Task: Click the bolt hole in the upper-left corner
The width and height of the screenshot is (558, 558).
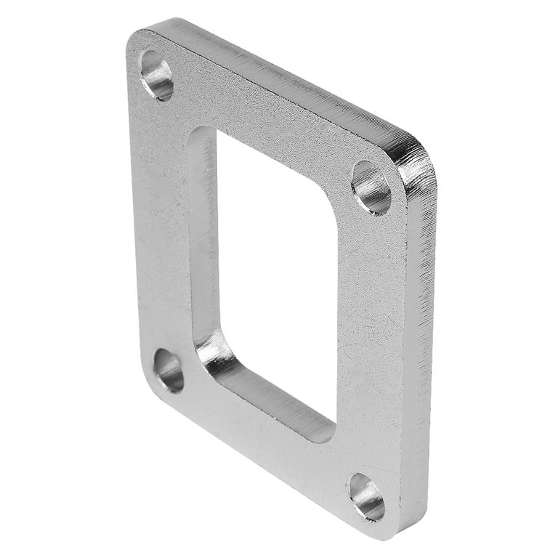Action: tap(156, 75)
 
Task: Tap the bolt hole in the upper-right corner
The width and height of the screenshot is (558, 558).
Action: tap(371, 187)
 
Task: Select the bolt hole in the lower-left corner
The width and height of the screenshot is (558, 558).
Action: tap(169, 371)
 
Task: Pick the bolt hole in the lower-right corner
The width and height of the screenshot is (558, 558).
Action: tap(366, 496)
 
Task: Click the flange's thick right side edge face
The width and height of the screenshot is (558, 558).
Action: tap(417, 341)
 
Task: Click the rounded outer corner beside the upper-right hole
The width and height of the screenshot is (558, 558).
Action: tap(418, 156)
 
